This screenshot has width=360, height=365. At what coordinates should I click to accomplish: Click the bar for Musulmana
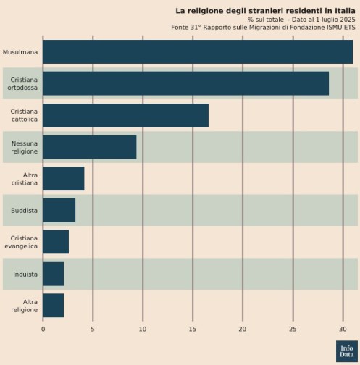[198, 52]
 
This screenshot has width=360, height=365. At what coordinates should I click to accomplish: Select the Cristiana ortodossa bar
[185, 83]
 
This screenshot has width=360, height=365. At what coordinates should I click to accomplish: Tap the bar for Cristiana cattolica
[125, 115]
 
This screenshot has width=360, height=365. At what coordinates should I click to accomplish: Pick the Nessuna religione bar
[89, 147]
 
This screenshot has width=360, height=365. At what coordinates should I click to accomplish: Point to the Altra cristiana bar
[64, 179]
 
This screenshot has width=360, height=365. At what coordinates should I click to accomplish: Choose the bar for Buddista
[59, 210]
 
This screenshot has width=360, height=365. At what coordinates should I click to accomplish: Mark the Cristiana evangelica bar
[56, 242]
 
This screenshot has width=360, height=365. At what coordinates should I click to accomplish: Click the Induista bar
[53, 274]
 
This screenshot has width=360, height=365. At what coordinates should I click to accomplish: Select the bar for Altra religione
[53, 306]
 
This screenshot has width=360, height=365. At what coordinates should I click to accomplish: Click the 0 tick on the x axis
[43, 330]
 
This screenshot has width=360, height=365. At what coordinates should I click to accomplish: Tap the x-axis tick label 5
[93, 330]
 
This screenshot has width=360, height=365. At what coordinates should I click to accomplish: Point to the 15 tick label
[193, 330]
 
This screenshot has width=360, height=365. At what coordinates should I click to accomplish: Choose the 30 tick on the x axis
[343, 330]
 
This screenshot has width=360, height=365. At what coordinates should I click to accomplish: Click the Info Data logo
[347, 351]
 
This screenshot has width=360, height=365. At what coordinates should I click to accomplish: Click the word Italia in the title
[345, 11]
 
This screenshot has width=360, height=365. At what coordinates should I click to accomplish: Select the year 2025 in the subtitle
[347, 20]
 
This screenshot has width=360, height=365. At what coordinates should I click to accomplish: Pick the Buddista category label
[24, 211]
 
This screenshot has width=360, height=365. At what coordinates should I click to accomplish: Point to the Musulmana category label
[20, 52]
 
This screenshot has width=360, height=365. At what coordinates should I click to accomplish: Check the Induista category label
[25, 274]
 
